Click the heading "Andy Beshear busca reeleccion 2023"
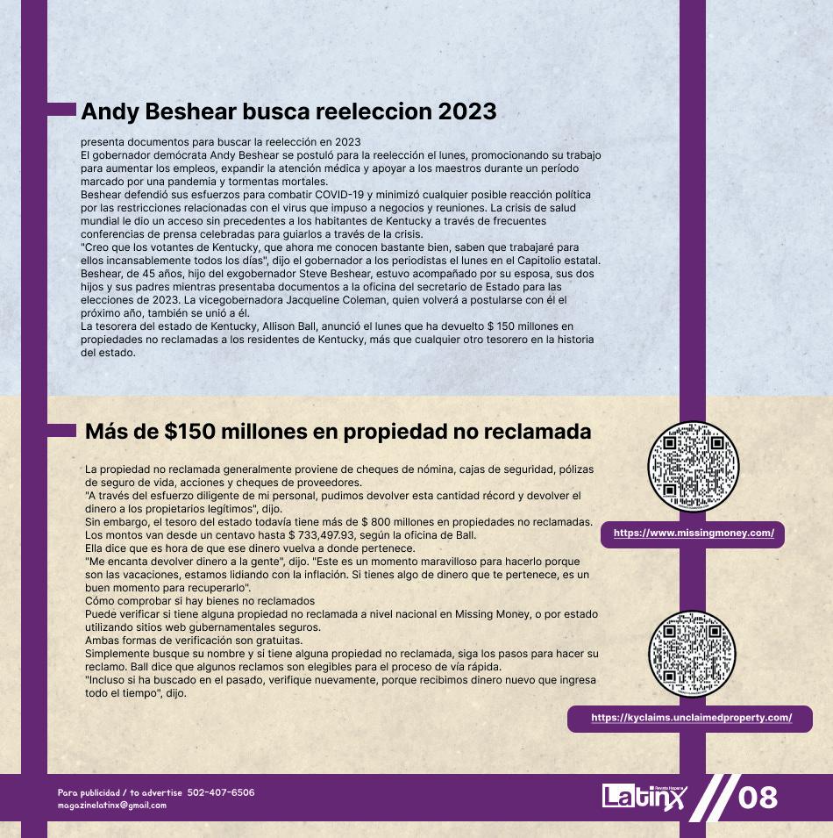pyautogui.click(x=288, y=112)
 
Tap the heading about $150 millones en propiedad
pyautogui.click(x=338, y=432)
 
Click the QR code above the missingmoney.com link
pyautogui.click(x=693, y=467)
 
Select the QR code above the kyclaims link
pyautogui.click(x=692, y=654)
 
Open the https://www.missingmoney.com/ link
pyautogui.click(x=693, y=534)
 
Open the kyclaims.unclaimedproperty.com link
pyautogui.click(x=691, y=718)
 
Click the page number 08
pyautogui.click(x=758, y=797)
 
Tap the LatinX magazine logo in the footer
pyautogui.click(x=644, y=796)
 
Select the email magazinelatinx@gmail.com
pyautogui.click(x=112, y=806)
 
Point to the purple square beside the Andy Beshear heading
pyautogui.click(x=61, y=110)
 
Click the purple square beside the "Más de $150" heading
pyautogui.click(x=61, y=430)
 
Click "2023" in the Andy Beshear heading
pyautogui.click(x=466, y=112)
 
